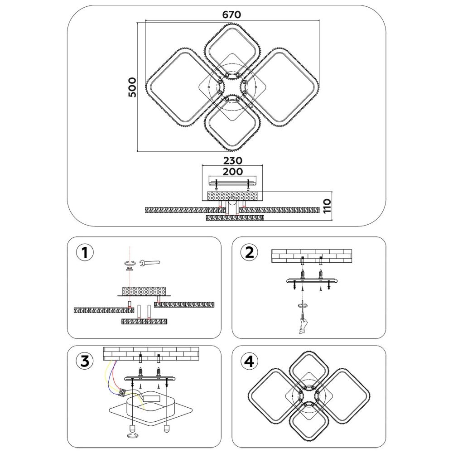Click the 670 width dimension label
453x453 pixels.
click(x=231, y=14)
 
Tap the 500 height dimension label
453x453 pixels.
click(x=132, y=87)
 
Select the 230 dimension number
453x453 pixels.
click(x=232, y=160)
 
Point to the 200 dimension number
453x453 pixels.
click(x=232, y=172)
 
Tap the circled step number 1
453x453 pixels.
click(x=85, y=253)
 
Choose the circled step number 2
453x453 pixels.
click(x=249, y=252)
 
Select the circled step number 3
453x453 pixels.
click(x=85, y=361)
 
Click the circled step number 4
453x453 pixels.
click(x=249, y=361)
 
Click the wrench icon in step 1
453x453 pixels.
click(x=149, y=263)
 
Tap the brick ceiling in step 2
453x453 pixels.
click(x=312, y=256)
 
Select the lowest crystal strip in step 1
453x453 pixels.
click(x=144, y=321)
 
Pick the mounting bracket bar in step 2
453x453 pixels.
click(x=312, y=280)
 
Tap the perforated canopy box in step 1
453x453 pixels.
click(x=144, y=291)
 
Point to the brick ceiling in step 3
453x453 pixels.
click(x=151, y=354)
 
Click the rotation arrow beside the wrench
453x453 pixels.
click(x=130, y=263)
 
